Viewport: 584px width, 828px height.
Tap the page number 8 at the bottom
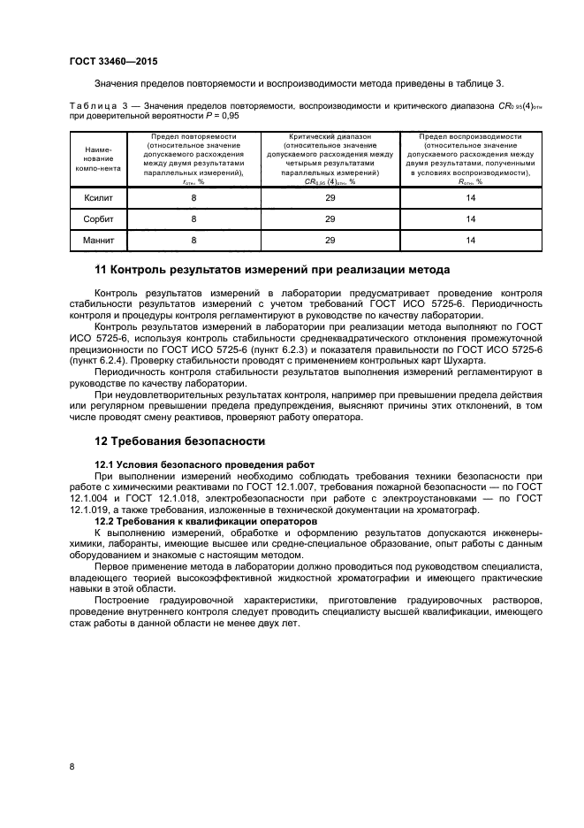click(x=72, y=766)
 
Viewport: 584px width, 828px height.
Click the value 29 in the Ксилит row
click(x=330, y=198)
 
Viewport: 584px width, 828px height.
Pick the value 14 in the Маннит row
click(x=471, y=239)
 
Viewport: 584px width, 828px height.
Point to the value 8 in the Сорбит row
click(x=193, y=218)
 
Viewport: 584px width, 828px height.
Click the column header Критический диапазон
click(x=330, y=138)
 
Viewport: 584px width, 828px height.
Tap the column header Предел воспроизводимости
click(x=471, y=138)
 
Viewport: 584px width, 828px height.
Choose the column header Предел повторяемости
click(x=193, y=138)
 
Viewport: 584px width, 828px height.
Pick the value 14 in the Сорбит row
click(x=471, y=218)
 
